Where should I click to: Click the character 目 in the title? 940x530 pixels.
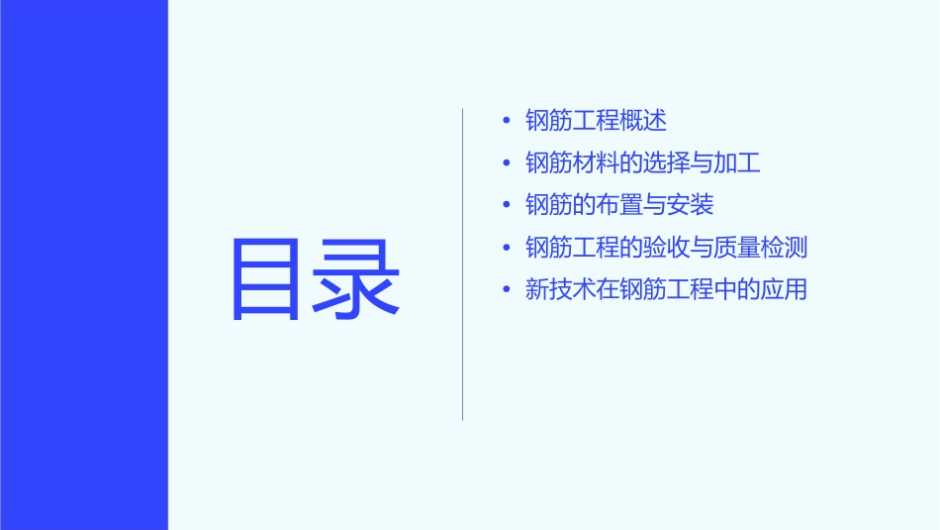coord(266,278)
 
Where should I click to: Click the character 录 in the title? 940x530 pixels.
coord(357,278)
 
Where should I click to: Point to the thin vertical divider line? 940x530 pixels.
coord(462,264)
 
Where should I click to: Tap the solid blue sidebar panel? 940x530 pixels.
coord(83,265)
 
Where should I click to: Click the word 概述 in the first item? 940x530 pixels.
coord(643,121)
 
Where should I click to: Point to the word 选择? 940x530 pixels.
coord(666,163)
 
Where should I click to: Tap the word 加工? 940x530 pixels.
coord(737,163)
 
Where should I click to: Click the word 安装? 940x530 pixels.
coord(690,205)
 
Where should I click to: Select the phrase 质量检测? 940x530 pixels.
coord(760,248)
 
